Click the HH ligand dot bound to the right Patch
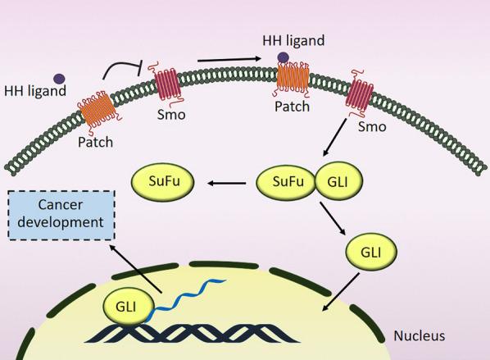(x=283, y=57)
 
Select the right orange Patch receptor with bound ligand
(x=292, y=84)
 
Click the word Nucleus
(x=420, y=335)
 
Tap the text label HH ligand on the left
(x=34, y=90)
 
